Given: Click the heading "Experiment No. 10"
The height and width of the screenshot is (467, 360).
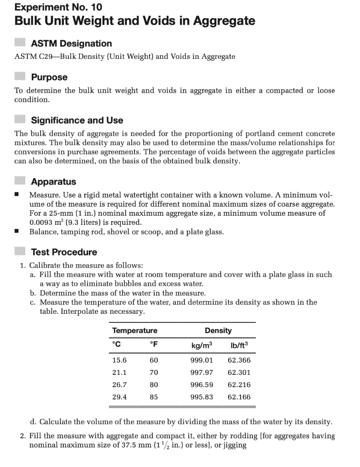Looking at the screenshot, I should pyautogui.click(x=58, y=7).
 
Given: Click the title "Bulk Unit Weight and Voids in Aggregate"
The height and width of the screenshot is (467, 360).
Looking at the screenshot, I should pyautogui.click(x=134, y=21).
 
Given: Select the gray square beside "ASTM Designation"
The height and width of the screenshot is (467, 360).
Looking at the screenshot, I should pyautogui.click(x=20, y=42).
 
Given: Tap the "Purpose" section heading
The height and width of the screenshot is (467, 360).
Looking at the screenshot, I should pyautogui.click(x=49, y=77).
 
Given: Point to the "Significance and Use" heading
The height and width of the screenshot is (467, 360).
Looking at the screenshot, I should pyautogui.click(x=77, y=120).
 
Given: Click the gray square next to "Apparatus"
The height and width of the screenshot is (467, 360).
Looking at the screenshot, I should pyautogui.click(x=20, y=182).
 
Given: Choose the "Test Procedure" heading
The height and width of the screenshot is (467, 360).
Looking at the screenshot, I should pyautogui.click(x=64, y=252).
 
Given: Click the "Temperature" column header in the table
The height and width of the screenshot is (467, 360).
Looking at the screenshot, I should pyautogui.click(x=135, y=331).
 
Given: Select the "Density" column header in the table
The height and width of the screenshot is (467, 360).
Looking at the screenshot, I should pyautogui.click(x=218, y=331).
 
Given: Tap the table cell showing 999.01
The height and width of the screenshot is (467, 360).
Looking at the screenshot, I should pyautogui.click(x=201, y=360).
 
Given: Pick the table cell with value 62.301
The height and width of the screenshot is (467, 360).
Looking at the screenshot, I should pyautogui.click(x=239, y=372).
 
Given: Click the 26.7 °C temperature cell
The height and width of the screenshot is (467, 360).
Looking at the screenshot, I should pyautogui.click(x=119, y=384).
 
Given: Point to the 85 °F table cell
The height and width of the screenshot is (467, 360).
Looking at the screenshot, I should pyautogui.click(x=154, y=397).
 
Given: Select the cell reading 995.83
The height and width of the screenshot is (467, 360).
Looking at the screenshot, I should pyautogui.click(x=201, y=397).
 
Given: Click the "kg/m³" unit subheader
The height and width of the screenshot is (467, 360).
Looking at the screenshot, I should pyautogui.click(x=201, y=344).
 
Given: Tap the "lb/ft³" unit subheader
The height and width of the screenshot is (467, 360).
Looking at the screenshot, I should pyautogui.click(x=239, y=344).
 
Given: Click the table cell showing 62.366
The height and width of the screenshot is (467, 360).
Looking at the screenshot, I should pyautogui.click(x=239, y=360).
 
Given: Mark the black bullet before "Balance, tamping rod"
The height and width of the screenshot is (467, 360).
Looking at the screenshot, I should pyautogui.click(x=16, y=232).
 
